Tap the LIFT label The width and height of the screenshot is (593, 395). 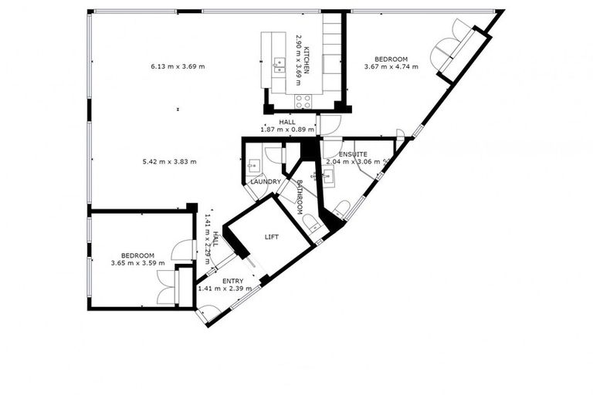[x=271, y=237]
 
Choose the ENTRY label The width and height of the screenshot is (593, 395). [x=232, y=281]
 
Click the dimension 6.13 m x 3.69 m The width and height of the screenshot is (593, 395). [x=178, y=66]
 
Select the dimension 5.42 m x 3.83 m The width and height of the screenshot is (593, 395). [x=170, y=161]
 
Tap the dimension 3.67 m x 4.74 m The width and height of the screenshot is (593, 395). [x=391, y=67]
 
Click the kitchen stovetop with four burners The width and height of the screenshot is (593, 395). [x=303, y=100]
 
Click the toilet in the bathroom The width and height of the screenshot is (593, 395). [x=311, y=225]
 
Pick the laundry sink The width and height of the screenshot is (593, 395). [x=253, y=166]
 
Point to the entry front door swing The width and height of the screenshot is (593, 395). [x=206, y=312]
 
